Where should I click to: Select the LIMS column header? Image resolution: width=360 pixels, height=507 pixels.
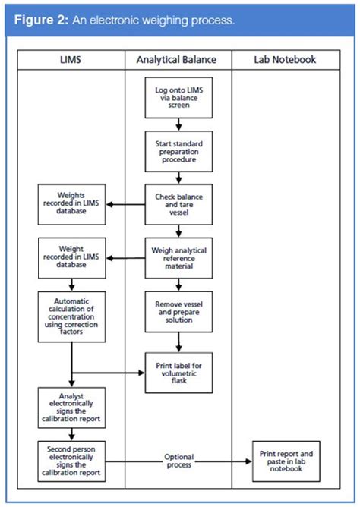[71, 59]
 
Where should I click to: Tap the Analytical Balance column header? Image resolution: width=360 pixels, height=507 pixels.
[178, 59]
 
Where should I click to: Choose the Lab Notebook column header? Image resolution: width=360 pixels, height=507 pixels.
[286, 59]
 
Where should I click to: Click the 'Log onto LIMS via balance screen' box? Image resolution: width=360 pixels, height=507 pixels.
[178, 96]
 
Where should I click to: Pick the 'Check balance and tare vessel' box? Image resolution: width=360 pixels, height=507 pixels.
[178, 203]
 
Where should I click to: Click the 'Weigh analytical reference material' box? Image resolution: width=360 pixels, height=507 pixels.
[178, 257]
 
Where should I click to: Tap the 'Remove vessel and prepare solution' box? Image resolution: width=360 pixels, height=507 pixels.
[178, 312]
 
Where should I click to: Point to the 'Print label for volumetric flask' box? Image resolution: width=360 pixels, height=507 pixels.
[178, 371]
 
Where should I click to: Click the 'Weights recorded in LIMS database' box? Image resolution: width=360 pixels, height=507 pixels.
[71, 203]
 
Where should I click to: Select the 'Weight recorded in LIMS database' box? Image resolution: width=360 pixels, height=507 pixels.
[71, 257]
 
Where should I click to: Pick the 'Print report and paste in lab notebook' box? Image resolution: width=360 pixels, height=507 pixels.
[286, 459]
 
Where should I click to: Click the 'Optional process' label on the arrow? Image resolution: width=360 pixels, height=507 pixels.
[178, 460]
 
